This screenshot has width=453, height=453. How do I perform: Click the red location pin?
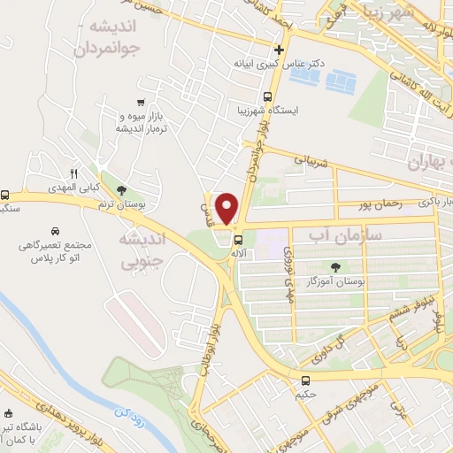pyautogui.click(x=228, y=207)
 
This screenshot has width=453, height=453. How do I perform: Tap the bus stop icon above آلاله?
pyautogui.click(x=238, y=239)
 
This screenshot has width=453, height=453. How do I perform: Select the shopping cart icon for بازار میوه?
pyautogui.click(x=141, y=102)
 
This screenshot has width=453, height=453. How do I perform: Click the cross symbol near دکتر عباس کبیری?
pyautogui.click(x=280, y=50)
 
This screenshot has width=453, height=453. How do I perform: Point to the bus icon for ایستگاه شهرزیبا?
pyautogui.click(x=268, y=97)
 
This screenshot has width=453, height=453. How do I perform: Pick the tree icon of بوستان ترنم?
pyautogui.click(x=121, y=189)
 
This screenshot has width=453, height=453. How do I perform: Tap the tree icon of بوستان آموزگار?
pyautogui.click(x=335, y=267)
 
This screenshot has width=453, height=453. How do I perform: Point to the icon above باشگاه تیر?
pyautogui.click(x=9, y=414)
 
